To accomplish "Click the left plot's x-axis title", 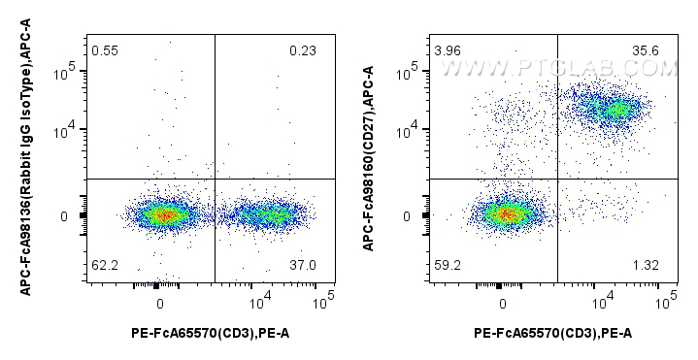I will click(x=210, y=334).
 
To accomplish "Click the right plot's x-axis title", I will click(x=553, y=334).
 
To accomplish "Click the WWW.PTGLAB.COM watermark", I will click(x=558, y=69).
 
